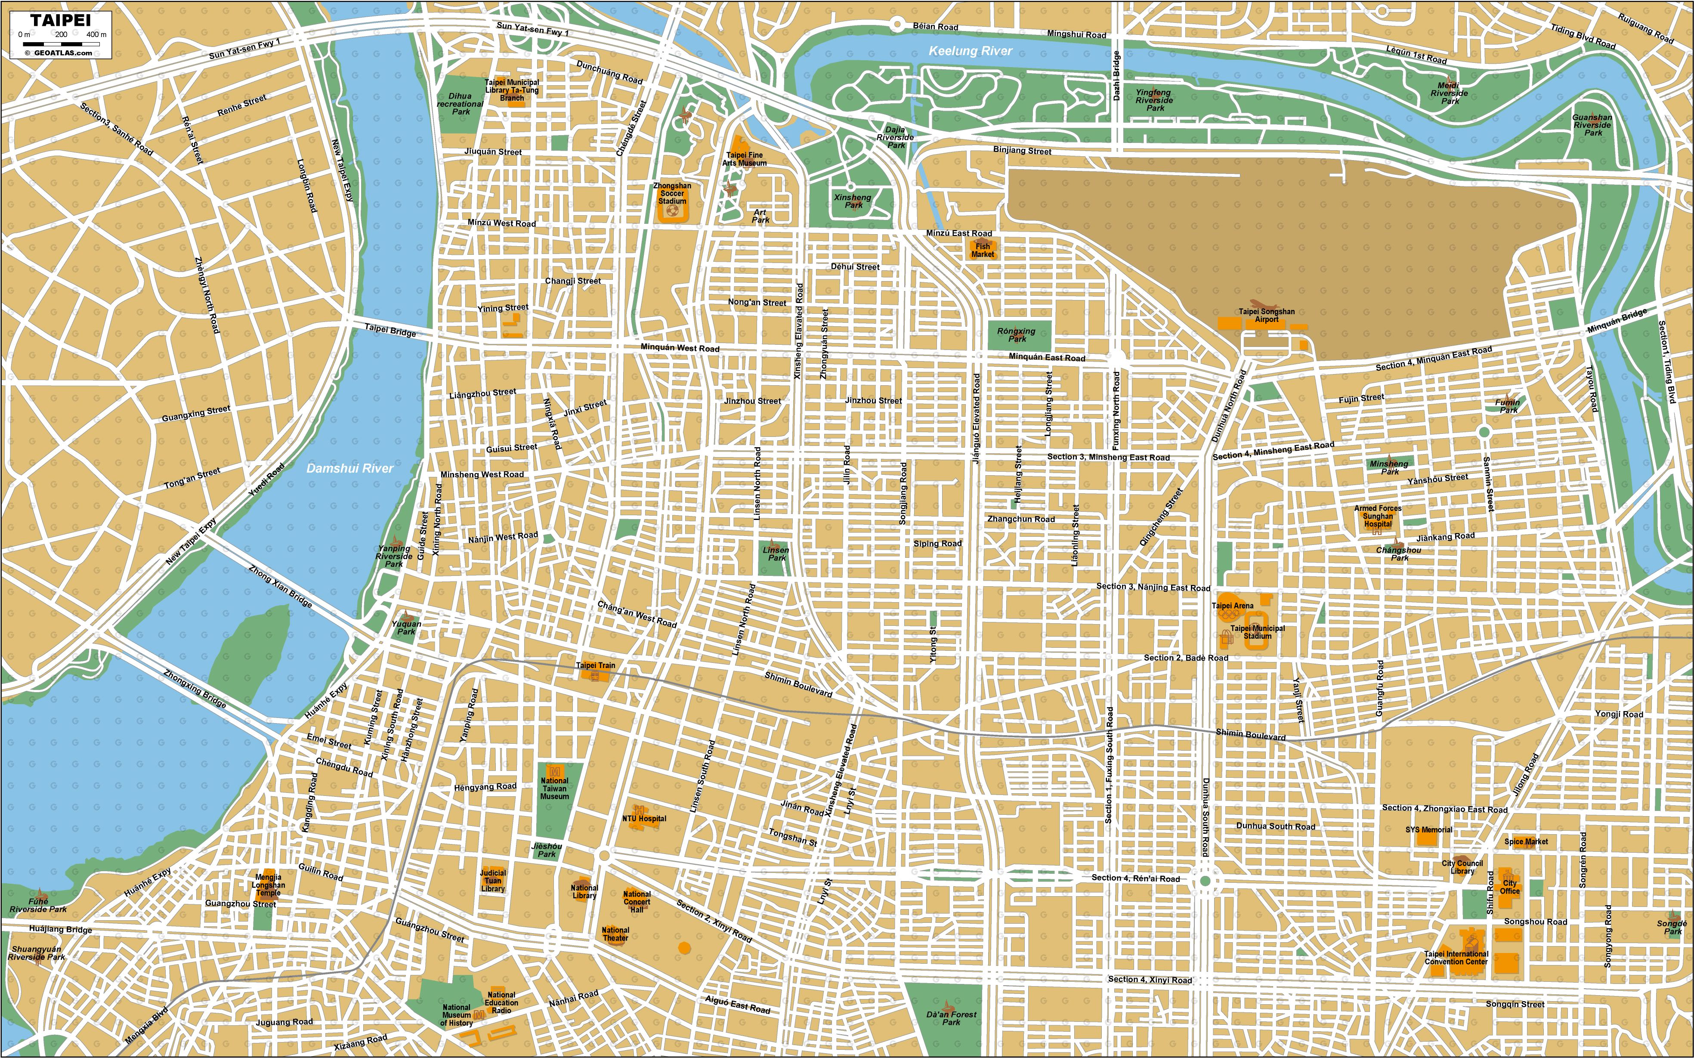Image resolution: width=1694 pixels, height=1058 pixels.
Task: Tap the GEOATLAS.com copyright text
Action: tap(62, 53)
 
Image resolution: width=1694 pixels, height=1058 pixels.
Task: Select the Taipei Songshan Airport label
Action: tap(1267, 315)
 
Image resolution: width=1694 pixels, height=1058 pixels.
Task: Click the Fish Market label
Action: tap(983, 250)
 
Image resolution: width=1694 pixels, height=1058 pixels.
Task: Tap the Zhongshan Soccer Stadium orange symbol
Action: tap(672, 210)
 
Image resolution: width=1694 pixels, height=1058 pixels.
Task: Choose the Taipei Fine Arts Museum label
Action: tap(745, 159)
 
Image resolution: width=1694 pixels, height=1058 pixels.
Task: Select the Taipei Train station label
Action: tap(596, 665)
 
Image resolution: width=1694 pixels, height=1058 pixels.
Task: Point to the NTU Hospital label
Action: tap(644, 818)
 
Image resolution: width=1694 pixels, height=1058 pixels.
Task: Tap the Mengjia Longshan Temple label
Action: tap(268, 885)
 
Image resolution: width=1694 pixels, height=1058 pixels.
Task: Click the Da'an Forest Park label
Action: tap(951, 1018)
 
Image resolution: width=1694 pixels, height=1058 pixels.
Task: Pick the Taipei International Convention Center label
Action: tap(1456, 957)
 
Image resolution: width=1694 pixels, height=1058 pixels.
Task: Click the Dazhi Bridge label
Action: tap(1117, 76)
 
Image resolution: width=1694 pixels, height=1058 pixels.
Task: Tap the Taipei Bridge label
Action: tap(390, 330)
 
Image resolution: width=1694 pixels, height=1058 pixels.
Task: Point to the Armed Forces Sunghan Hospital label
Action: tap(1377, 516)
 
